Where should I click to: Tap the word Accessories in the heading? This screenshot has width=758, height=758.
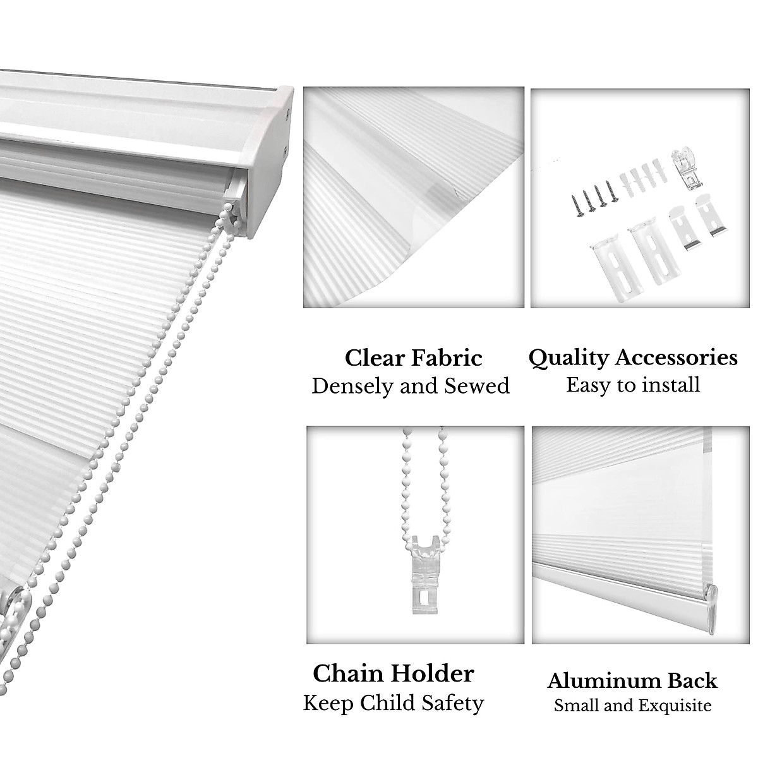675,358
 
